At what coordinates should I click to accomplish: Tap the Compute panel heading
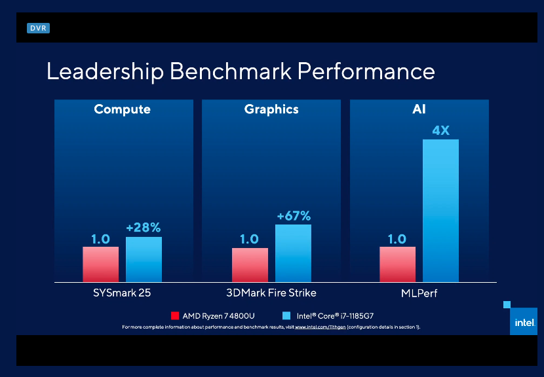[x=122, y=109]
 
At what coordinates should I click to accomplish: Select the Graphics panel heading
[x=271, y=109]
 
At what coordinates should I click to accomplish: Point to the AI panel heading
[x=419, y=109]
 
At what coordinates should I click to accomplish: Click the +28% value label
[x=144, y=227]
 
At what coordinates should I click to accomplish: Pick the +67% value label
[x=293, y=215]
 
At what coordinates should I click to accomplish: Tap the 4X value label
[x=440, y=130]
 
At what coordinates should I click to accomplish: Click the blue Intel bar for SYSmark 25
[x=144, y=259]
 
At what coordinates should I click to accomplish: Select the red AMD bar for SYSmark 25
[x=100, y=264]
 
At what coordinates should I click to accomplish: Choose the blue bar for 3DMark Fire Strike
[x=293, y=253]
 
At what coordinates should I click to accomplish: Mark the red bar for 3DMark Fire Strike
[x=250, y=265]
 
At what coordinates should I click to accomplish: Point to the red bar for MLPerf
[x=397, y=264]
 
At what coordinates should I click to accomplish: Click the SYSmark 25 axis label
[x=123, y=293]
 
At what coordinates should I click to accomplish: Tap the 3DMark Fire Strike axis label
[x=271, y=293]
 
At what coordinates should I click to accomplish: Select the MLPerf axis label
[x=419, y=293]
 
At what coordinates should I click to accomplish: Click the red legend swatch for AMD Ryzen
[x=175, y=315]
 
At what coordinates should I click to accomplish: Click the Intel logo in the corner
[x=523, y=322]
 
